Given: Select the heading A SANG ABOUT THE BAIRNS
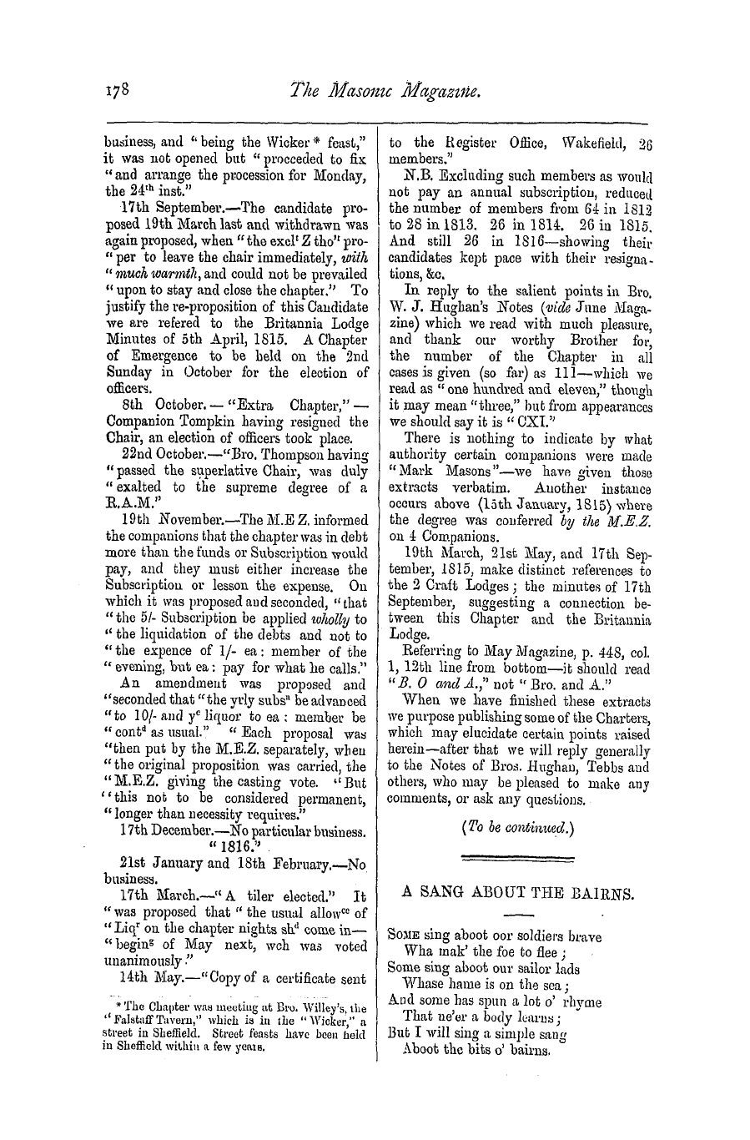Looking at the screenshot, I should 519,891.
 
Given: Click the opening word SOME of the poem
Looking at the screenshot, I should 405,935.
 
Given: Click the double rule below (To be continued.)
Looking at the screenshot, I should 518,856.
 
